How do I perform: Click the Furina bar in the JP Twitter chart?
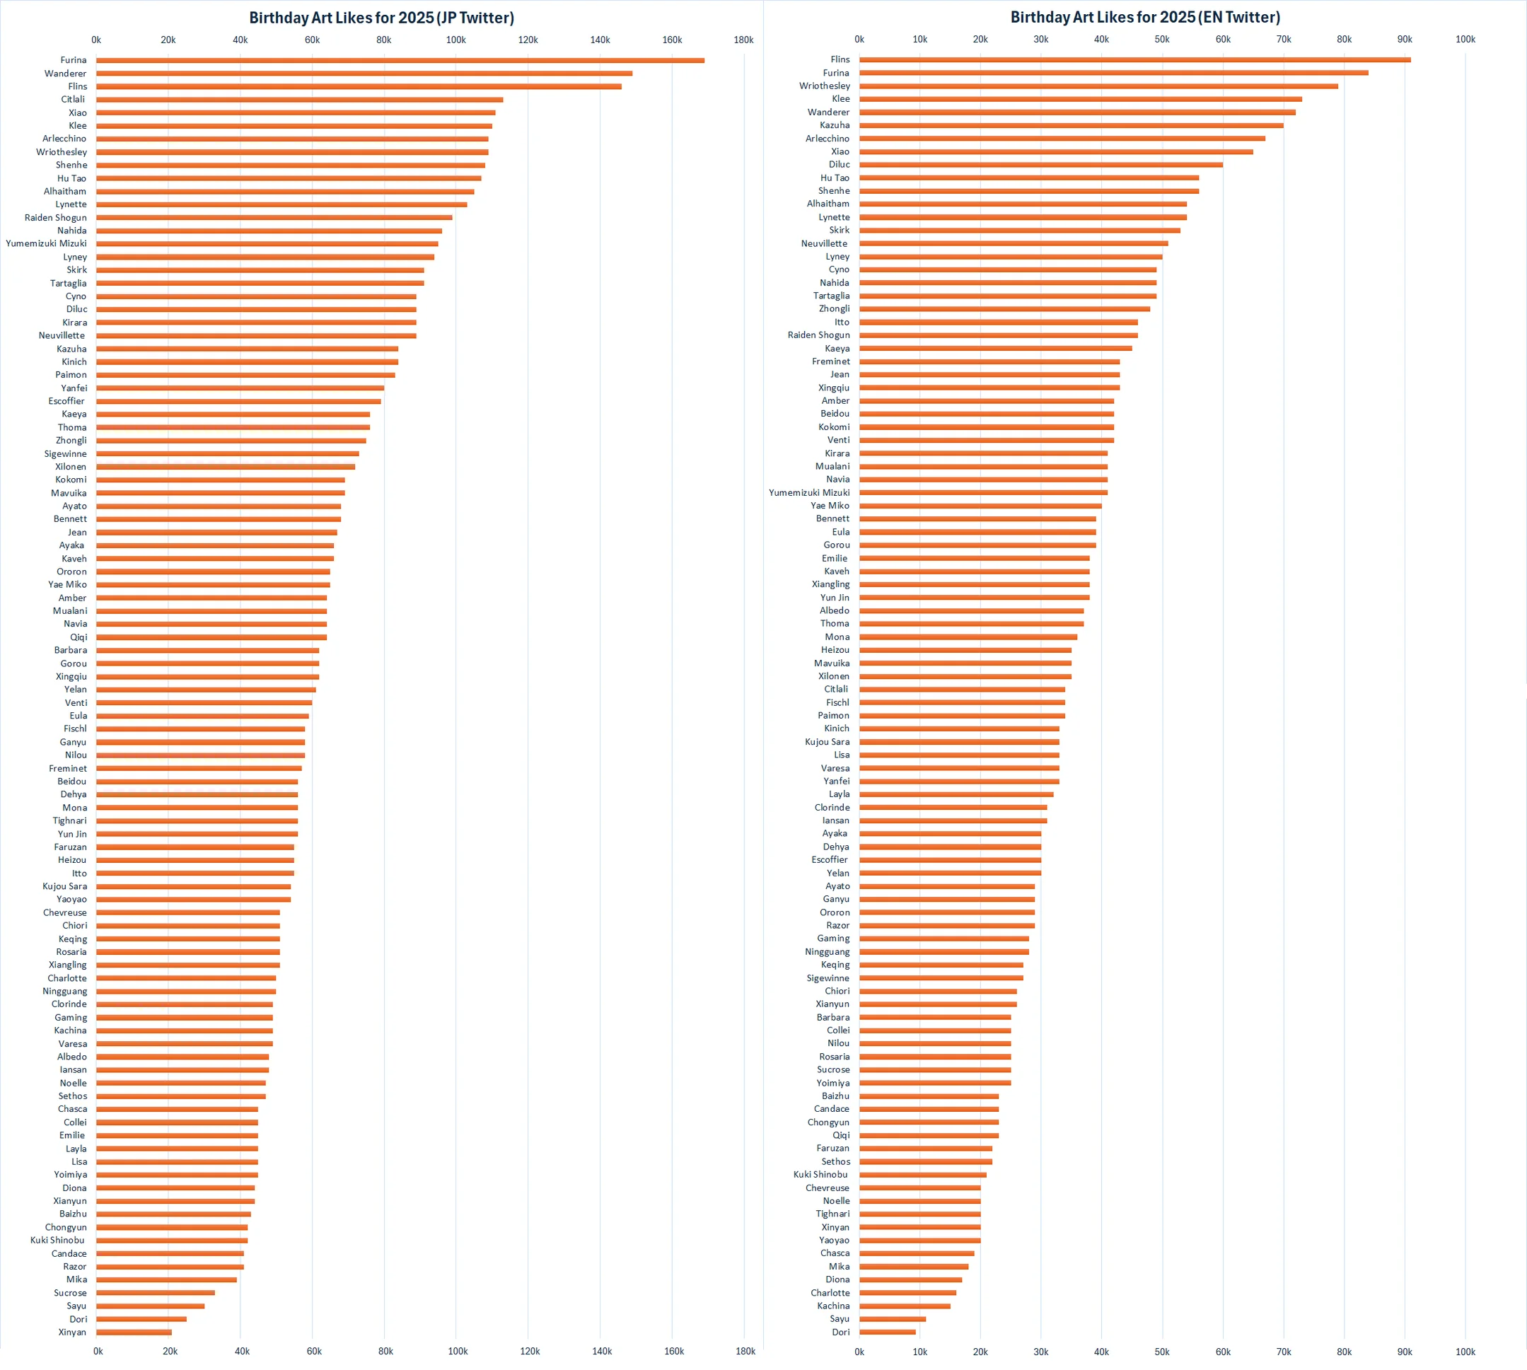click(x=399, y=60)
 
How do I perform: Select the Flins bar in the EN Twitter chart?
click(x=1134, y=59)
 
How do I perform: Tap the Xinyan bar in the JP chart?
click(x=134, y=1333)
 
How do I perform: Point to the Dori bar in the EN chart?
click(x=888, y=1333)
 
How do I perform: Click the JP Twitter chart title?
click(x=381, y=17)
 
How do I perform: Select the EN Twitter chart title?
click(x=1144, y=17)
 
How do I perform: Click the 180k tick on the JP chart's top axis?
click(x=743, y=40)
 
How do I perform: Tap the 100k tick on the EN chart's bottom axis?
click(x=1465, y=1352)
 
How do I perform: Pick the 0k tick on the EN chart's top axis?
click(x=859, y=39)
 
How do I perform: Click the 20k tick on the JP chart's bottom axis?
click(x=170, y=1352)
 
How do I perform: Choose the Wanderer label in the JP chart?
click(x=66, y=74)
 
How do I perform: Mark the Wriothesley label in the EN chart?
click(x=824, y=86)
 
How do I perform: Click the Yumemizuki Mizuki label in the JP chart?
click(x=46, y=243)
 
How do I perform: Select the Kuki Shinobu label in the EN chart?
click(x=820, y=1174)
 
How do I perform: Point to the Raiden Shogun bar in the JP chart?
click(x=274, y=218)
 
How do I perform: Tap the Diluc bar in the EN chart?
click(x=1041, y=165)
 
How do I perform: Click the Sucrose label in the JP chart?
click(x=70, y=1293)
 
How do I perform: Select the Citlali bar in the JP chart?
click(x=300, y=99)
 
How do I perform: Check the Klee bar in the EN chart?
click(x=1080, y=99)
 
